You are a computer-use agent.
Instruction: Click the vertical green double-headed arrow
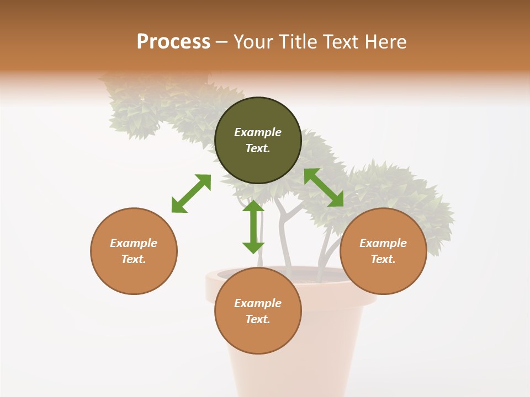click(x=253, y=227)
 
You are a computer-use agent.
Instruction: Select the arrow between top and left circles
click(x=191, y=194)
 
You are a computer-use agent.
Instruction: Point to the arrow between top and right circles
click(x=324, y=188)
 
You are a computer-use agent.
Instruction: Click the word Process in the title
click(x=173, y=41)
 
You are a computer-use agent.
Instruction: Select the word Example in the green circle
click(x=258, y=132)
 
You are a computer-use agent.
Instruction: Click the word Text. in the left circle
click(x=134, y=259)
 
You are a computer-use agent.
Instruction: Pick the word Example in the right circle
click(x=383, y=243)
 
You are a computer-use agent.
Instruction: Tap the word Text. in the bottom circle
click(x=258, y=319)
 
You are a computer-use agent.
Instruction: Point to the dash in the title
click(x=222, y=42)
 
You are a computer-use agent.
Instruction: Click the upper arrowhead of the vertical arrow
click(x=253, y=206)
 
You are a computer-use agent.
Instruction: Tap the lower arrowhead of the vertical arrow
click(x=253, y=248)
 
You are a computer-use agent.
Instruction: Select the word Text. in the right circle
click(x=383, y=259)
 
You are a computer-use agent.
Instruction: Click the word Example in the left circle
click(x=134, y=243)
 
